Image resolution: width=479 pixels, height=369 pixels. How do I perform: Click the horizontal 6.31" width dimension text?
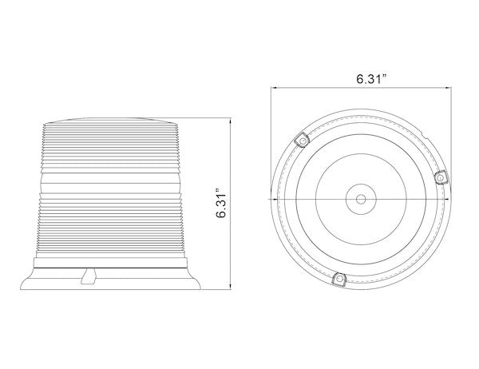coord(371,79)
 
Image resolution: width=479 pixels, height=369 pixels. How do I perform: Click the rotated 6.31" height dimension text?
coord(221,205)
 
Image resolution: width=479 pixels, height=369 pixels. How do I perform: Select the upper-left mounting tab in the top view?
coord(302,140)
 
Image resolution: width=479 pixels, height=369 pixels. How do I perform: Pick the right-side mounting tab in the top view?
coord(441,177)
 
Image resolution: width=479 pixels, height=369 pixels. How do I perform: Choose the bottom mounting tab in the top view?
coord(338,279)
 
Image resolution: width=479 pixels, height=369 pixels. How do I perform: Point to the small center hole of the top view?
coord(361,200)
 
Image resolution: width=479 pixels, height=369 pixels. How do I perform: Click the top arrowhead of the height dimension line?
coord(231,120)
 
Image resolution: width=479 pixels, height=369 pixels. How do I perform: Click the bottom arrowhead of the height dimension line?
coord(231,287)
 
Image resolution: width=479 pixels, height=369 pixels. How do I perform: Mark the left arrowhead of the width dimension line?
coord(274,88)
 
